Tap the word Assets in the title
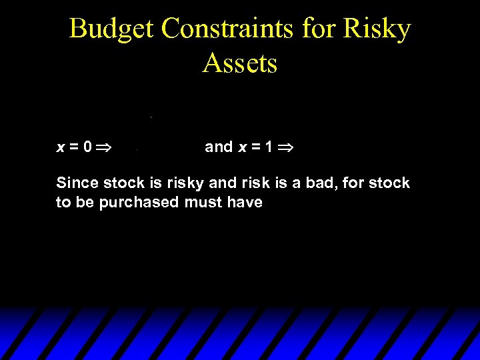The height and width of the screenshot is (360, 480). pyautogui.click(x=240, y=63)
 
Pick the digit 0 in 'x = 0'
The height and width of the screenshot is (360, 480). pyautogui.click(x=87, y=147)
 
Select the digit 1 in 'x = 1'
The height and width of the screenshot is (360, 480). pyautogui.click(x=268, y=147)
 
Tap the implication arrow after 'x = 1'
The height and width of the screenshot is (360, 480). pyautogui.click(x=287, y=147)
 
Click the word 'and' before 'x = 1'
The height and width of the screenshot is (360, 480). pyautogui.click(x=219, y=147)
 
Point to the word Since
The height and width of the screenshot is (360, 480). pyautogui.click(x=77, y=183)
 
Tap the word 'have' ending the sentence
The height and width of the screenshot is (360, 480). pyautogui.click(x=245, y=203)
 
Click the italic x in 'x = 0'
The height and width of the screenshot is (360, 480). pyautogui.click(x=61, y=147)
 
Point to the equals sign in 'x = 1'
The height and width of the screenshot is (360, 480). pyautogui.click(x=255, y=147)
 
